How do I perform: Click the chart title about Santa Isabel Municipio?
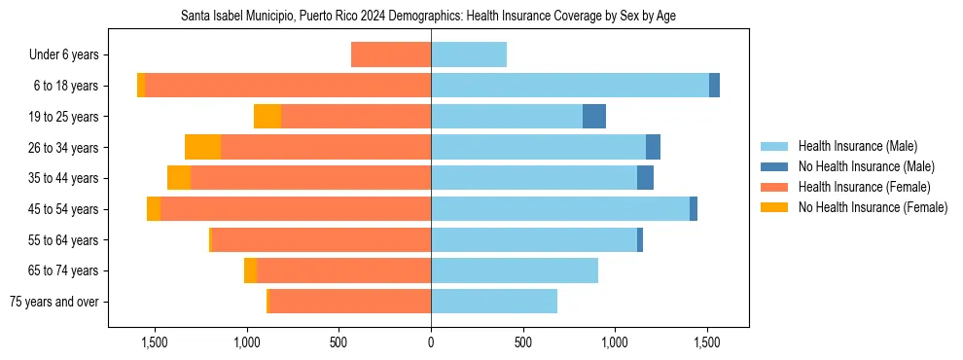pos(428,17)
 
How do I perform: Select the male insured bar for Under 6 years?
pos(469,54)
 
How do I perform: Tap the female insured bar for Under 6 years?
pos(391,54)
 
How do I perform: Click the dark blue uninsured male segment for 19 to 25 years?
pos(594,117)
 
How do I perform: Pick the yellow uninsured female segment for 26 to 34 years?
pos(202,147)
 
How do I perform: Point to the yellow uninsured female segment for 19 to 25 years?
pos(267,117)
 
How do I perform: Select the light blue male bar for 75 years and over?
pos(494,302)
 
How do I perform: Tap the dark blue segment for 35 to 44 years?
pos(645,178)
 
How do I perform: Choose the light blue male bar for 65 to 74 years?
pos(515,270)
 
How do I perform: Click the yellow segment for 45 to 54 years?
pos(154,209)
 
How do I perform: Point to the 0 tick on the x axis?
pos(431,342)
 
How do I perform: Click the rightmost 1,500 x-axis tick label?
pos(707,342)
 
